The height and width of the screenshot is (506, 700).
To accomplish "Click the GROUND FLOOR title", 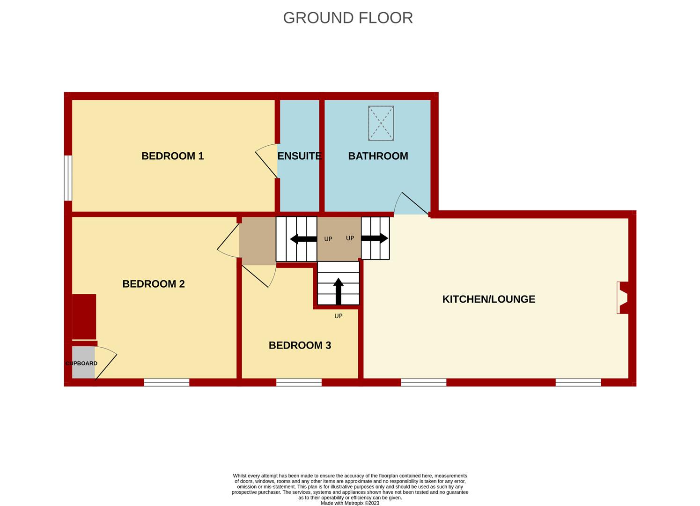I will point(348,18).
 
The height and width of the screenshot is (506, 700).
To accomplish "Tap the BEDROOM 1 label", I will point(172,156).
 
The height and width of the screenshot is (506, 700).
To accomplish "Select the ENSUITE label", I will point(299,156).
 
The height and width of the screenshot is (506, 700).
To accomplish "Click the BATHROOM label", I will point(378,156).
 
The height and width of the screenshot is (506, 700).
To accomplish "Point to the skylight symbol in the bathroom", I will point(381,123).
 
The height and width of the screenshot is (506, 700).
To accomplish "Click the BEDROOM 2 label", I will point(153,284).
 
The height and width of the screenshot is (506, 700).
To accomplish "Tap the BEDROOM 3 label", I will point(300,345).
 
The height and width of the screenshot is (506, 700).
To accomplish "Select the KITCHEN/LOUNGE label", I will point(488,299).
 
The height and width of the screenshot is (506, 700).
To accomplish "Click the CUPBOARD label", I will point(81,364).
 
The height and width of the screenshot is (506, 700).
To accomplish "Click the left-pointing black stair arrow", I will point(303,239).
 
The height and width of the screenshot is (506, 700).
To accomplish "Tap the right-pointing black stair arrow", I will point(375,238).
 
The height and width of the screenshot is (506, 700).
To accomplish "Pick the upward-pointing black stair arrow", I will point(338,291).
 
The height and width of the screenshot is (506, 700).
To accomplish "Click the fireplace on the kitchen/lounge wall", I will point(623,298).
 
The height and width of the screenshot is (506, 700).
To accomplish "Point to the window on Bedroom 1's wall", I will point(68,178).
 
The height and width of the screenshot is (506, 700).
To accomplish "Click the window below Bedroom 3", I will point(299,383).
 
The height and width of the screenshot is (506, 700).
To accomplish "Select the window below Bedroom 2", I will point(166,383).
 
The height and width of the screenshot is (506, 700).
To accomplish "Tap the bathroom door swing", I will point(411,204).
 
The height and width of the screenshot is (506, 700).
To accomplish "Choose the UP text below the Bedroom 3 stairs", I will point(338,316).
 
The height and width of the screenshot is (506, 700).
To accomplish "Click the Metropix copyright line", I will point(350,503).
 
